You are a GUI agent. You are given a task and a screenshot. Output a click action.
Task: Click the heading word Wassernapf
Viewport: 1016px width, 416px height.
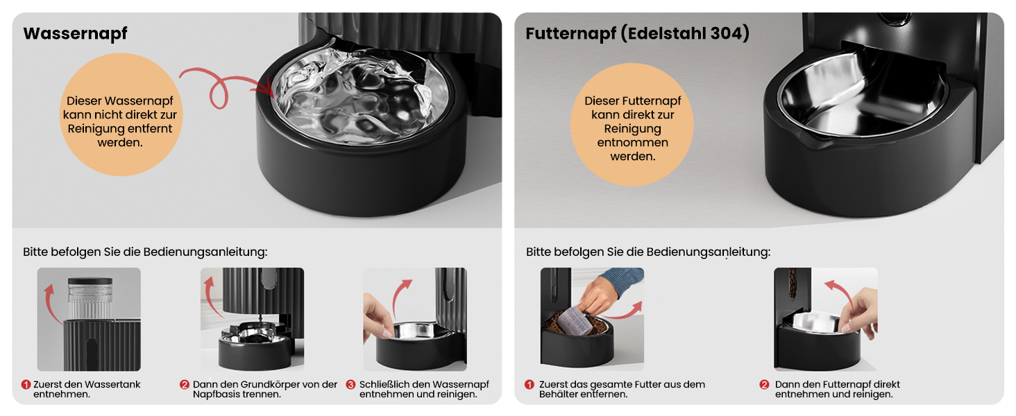point(75,33)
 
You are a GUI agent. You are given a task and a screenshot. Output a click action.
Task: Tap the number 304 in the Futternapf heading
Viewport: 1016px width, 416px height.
point(725,33)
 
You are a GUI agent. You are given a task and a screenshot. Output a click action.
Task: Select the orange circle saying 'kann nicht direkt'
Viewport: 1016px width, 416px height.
point(121,114)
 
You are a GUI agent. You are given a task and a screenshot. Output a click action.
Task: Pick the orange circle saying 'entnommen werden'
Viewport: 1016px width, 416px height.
point(632,124)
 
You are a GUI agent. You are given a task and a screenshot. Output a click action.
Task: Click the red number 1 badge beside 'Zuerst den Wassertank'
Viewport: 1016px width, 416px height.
point(26,384)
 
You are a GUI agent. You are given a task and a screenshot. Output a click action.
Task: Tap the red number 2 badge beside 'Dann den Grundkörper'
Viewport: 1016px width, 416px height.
point(184,384)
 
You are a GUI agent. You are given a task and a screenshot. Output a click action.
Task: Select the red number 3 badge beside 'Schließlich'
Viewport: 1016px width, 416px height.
point(350,384)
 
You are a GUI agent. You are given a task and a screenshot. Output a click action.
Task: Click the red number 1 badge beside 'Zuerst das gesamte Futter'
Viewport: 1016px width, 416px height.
point(530,384)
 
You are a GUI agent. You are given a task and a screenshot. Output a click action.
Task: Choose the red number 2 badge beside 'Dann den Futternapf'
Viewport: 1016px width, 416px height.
point(764,384)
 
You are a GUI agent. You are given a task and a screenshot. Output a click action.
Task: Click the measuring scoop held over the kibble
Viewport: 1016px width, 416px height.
point(575,320)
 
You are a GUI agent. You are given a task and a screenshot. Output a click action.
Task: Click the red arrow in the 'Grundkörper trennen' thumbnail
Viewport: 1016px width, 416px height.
point(212,297)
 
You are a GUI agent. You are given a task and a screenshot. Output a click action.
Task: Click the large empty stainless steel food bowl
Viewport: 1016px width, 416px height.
point(862,94)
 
